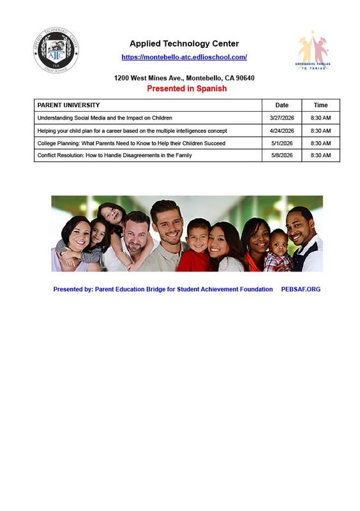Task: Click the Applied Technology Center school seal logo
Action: (56, 50)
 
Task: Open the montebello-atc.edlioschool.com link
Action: (184, 57)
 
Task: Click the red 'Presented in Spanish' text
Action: (186, 89)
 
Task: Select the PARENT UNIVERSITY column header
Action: (69, 105)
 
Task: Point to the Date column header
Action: (281, 105)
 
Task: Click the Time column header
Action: (320, 105)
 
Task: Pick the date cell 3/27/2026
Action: (281, 118)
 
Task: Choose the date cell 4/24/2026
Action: (281, 131)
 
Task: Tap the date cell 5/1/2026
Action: (281, 143)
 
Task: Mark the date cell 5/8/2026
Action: (281, 155)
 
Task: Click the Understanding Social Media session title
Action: (105, 118)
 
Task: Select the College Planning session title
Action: (131, 143)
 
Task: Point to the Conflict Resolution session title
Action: (114, 155)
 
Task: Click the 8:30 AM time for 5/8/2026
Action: (320, 155)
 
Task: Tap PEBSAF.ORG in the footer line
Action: (301, 289)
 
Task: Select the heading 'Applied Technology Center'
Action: (184, 44)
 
